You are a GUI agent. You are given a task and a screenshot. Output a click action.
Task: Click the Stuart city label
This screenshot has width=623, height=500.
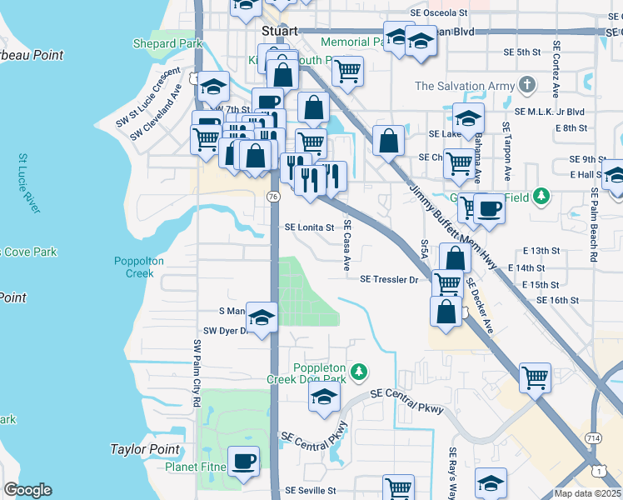[279, 30]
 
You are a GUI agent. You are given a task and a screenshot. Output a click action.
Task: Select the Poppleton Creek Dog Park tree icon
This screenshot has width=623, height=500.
[359, 370]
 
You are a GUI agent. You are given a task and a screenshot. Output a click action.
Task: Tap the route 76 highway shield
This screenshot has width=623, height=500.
[273, 196]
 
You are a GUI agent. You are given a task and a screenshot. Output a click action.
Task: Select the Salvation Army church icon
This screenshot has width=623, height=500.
[526, 85]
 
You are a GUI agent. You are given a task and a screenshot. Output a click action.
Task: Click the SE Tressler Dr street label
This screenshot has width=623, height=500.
[388, 280]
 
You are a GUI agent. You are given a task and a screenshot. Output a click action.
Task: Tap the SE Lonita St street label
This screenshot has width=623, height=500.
[309, 227]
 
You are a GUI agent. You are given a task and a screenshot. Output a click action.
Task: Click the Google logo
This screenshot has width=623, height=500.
[27, 490]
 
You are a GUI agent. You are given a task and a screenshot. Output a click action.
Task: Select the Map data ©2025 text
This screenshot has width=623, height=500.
[587, 493]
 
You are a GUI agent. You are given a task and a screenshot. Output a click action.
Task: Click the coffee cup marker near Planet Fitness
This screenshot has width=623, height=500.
[243, 461]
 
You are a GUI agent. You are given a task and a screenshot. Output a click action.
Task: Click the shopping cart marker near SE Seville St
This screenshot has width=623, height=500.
[399, 487]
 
